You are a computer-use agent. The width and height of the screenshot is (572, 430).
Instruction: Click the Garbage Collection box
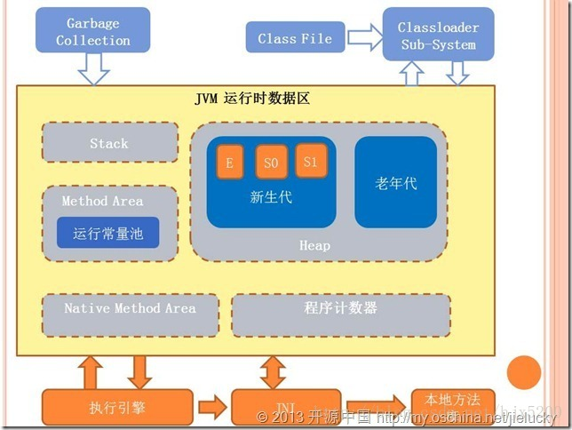(x=93, y=31)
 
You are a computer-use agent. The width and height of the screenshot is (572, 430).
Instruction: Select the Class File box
(x=295, y=38)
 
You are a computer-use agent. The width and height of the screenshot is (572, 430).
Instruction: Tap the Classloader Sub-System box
(x=437, y=36)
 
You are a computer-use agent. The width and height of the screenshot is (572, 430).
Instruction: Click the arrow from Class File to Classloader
(x=362, y=38)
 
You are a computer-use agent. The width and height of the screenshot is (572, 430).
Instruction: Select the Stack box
(x=109, y=143)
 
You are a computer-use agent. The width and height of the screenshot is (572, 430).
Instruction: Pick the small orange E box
(x=229, y=163)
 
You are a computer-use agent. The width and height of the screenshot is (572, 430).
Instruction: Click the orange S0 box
(x=271, y=163)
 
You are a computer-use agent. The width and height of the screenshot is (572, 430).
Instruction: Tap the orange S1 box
(x=310, y=161)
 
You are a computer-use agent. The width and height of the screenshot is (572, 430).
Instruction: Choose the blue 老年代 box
(x=396, y=182)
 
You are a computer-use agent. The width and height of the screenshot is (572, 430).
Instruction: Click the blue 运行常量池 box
(x=108, y=233)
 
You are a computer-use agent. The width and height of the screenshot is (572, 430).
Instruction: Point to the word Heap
(x=314, y=245)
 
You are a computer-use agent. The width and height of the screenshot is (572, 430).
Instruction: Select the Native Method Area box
(x=130, y=308)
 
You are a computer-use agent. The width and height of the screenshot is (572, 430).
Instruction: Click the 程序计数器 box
(x=341, y=308)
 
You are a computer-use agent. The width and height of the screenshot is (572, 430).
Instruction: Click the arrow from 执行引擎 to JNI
(x=212, y=408)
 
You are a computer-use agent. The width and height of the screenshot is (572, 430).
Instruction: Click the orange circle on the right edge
(x=524, y=371)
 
